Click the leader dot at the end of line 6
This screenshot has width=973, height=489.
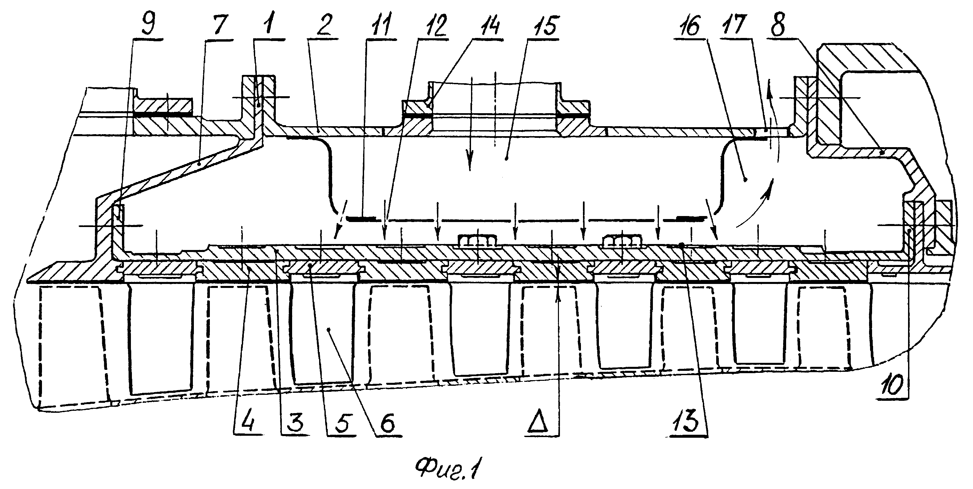329,330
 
